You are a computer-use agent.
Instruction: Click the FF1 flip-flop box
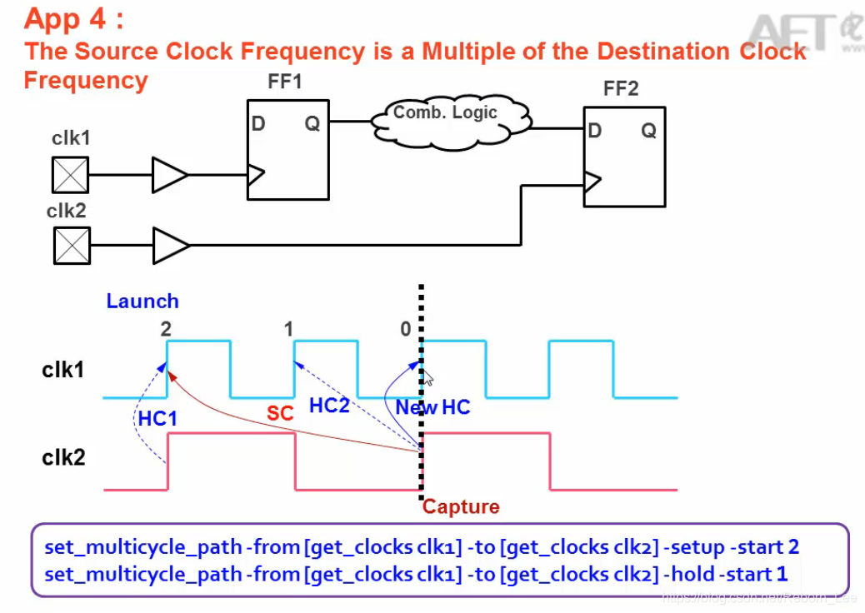click(287, 150)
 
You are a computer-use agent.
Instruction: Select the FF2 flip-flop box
click(624, 157)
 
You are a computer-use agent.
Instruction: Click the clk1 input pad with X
click(71, 176)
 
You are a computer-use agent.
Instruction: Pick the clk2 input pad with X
click(72, 246)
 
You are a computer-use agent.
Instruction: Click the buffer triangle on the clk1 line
click(170, 175)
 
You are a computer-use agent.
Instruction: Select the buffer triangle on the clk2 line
click(171, 246)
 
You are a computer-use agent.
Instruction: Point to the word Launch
click(142, 301)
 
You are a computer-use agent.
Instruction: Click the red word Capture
click(461, 506)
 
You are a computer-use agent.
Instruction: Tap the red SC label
click(280, 413)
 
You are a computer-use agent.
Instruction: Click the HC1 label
click(157, 418)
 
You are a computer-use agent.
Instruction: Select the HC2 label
click(329, 406)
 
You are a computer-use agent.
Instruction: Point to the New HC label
click(432, 407)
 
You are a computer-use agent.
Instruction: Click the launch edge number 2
click(166, 329)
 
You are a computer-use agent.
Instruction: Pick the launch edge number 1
click(288, 329)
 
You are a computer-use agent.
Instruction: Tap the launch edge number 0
click(405, 329)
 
